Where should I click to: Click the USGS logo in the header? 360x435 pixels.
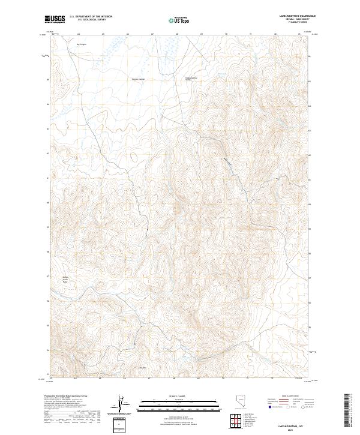click(x=55, y=19)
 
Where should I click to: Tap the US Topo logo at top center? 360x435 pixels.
click(x=179, y=20)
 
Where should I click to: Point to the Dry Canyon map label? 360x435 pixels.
click(x=81, y=44)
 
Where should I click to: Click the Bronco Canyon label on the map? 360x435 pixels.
click(x=139, y=79)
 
